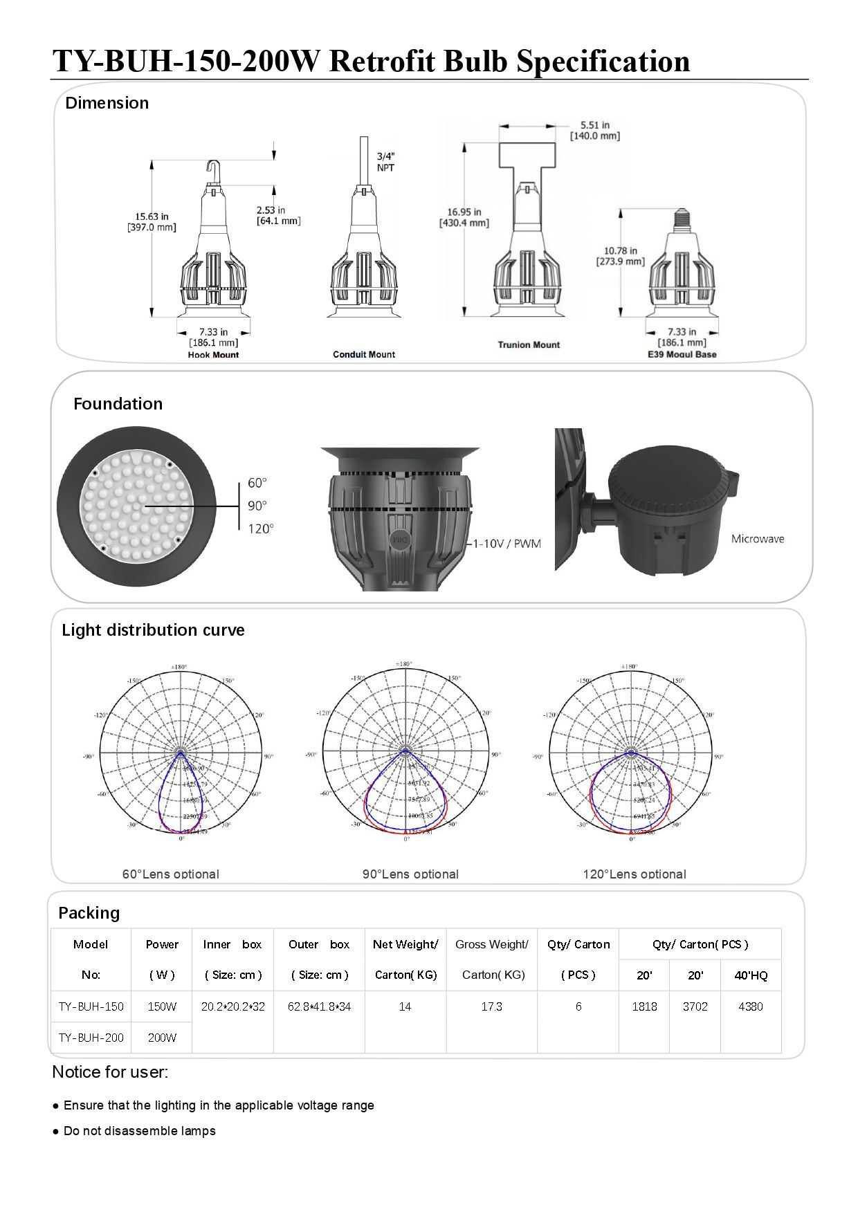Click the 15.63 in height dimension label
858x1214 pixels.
pos(152,221)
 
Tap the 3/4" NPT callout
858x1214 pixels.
pos(386,162)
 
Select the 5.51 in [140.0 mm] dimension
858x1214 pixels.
pos(594,130)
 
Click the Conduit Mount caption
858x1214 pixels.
pos(364,354)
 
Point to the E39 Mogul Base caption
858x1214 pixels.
pos(682,354)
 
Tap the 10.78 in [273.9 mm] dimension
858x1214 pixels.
pos(620,256)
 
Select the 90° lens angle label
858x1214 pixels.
pos(257,506)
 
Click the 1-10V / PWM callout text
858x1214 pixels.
pos(507,543)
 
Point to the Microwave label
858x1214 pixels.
pos(758,539)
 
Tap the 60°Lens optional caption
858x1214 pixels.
pos(171,874)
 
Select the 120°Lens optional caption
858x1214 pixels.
pos(635,874)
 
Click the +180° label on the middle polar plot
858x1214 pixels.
pos(404,664)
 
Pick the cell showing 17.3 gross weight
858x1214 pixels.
pos(491,1006)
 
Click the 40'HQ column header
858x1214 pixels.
pos(751,975)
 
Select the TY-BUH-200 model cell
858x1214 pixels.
pos(91,1038)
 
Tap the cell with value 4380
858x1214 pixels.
pos(751,1006)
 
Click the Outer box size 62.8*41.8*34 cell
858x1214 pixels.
pos(319,1006)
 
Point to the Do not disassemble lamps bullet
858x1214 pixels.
pos(139,1131)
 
